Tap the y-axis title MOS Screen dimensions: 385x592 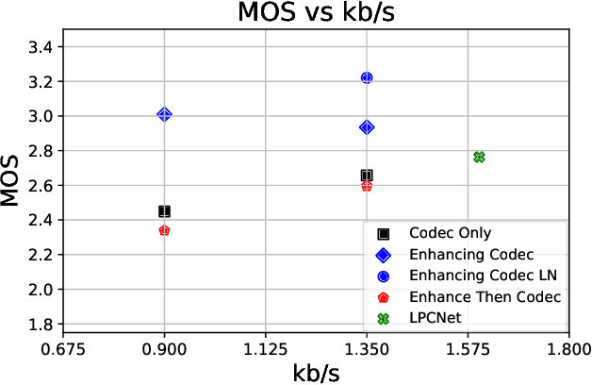[11, 180]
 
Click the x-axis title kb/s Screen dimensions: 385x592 [315, 372]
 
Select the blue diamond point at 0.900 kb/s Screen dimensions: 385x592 [164, 114]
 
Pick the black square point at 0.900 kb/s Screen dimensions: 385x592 [164, 211]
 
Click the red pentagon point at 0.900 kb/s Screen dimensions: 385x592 [164, 230]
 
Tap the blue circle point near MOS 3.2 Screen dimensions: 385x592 [367, 77]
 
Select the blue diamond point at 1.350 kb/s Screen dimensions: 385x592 [367, 127]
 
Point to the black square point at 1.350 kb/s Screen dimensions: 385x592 [367, 176]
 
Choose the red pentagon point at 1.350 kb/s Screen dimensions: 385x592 [367, 186]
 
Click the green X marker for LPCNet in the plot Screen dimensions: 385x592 [479, 157]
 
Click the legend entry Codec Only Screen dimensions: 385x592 [450, 233]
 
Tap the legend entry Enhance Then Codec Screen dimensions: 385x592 [485, 297]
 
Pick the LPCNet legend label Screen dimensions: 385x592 [435, 318]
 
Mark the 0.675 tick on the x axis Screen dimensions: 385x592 [63, 347]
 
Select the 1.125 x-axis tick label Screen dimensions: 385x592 [265, 347]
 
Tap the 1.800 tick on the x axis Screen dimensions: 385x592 [567, 347]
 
